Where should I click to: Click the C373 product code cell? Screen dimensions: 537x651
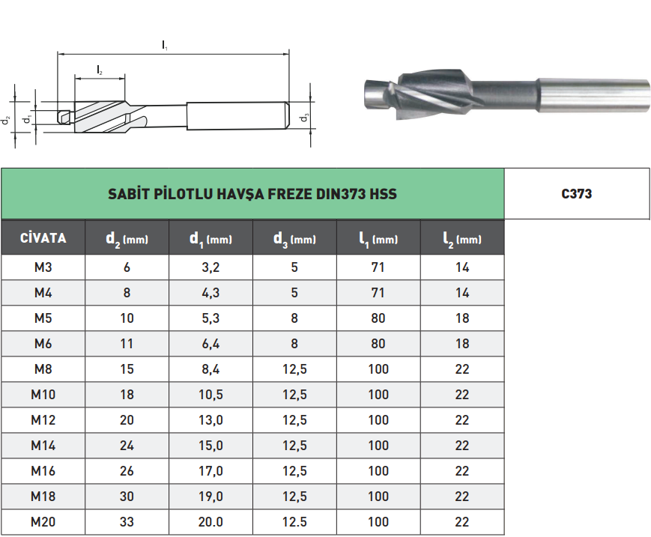click(577, 194)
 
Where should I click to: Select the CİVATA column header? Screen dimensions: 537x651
click(43, 239)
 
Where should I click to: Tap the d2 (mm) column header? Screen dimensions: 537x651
click(127, 239)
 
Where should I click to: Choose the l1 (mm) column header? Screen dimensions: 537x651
click(378, 239)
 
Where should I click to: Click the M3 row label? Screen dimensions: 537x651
click(43, 267)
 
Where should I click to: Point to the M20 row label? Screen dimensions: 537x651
click(43, 522)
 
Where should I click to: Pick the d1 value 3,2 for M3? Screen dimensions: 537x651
click(211, 267)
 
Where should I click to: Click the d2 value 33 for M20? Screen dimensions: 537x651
click(127, 522)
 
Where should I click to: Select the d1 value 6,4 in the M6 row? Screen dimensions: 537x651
click(211, 344)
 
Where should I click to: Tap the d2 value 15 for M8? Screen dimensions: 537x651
click(127, 369)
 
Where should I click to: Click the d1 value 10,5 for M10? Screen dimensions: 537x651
click(211, 395)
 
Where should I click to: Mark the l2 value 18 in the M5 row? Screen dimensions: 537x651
click(462, 318)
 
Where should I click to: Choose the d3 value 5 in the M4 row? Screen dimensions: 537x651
click(294, 293)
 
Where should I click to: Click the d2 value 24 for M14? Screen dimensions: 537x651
click(127, 446)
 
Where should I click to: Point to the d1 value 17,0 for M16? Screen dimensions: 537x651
click(211, 471)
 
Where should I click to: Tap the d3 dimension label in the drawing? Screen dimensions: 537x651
click(303, 118)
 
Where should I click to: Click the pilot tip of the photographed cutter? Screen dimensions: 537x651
click(373, 94)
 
